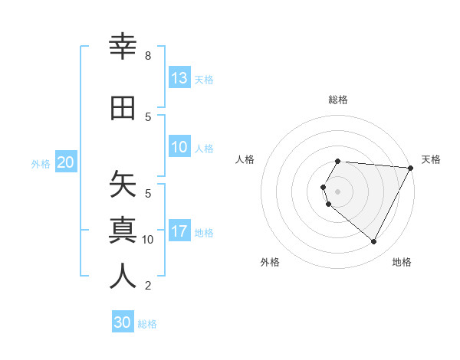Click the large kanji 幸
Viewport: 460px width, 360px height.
[x=123, y=47]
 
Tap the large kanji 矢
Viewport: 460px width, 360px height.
[x=123, y=184]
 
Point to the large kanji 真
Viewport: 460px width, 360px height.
[x=123, y=230]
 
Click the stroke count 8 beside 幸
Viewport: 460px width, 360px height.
[x=147, y=56]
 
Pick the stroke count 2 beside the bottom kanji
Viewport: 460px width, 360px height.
[x=147, y=286]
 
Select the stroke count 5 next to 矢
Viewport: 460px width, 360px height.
[x=147, y=193]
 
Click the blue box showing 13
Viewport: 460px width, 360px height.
[x=179, y=78]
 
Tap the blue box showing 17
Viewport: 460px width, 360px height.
[x=179, y=231]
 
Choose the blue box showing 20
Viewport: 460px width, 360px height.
[x=65, y=162]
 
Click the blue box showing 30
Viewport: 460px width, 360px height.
[x=123, y=322]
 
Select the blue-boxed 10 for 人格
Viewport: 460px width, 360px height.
[x=179, y=147]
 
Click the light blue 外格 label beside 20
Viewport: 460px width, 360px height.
[x=41, y=163]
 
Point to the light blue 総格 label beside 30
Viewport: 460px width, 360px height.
[x=147, y=324]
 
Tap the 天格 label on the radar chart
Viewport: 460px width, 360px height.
[x=431, y=159]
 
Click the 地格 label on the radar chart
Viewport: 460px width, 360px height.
[x=402, y=262]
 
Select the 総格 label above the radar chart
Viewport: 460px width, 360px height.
[x=337, y=100]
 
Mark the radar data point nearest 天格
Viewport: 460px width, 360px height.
[x=411, y=168]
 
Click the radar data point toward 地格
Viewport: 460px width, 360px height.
[x=374, y=242]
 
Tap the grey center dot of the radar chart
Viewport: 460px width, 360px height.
[x=337, y=191]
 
